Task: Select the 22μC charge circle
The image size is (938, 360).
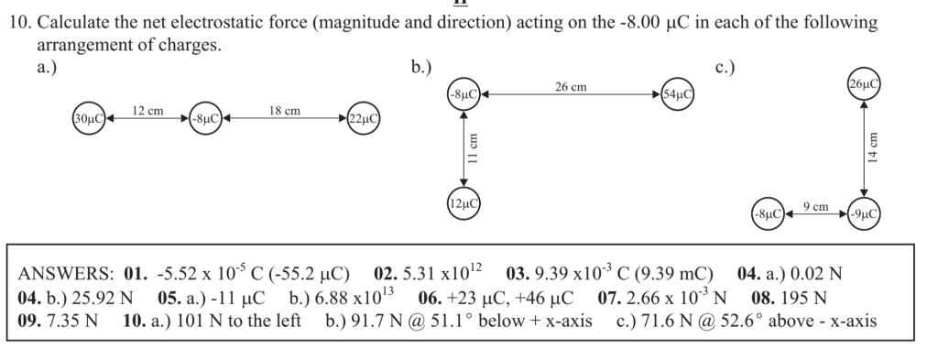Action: [364, 119]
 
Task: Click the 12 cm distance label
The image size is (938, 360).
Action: [148, 111]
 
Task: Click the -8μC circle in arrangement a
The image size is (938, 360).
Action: [204, 119]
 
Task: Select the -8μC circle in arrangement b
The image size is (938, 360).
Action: [464, 93]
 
